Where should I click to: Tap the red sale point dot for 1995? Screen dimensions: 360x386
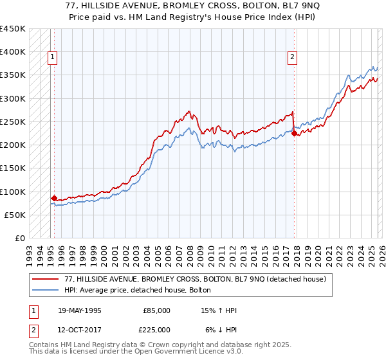point(54,199)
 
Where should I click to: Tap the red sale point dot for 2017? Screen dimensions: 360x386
point(295,134)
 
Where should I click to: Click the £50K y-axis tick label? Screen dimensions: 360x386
point(15,215)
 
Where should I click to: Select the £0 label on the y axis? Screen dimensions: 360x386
point(20,239)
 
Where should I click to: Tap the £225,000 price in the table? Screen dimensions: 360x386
point(156,329)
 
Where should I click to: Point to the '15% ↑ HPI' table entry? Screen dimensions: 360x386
point(219,310)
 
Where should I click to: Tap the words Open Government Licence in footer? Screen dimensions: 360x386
point(182,353)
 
